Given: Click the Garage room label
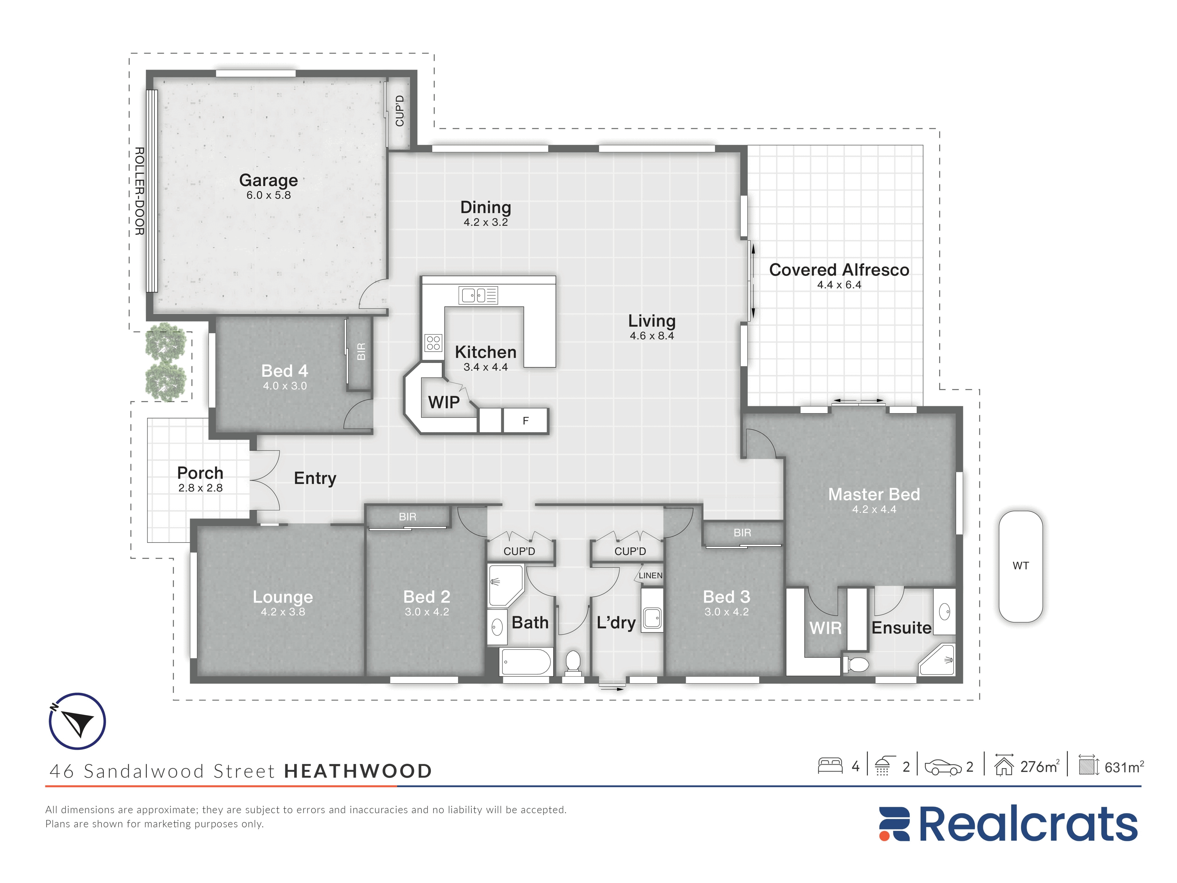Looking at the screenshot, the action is (x=268, y=180).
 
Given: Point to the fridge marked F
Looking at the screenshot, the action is (x=525, y=421).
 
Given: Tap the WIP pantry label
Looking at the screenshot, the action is (x=444, y=402).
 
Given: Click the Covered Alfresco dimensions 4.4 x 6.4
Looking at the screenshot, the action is (x=839, y=285).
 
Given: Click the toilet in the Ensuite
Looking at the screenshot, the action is (x=856, y=664).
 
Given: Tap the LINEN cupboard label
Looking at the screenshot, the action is (x=650, y=575).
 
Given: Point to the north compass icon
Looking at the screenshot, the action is (x=77, y=721).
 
